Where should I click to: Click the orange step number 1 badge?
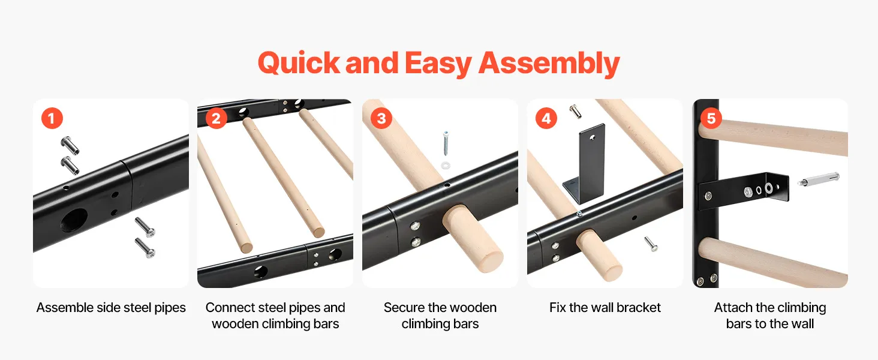click(52, 118)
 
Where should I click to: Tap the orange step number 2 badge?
click(216, 118)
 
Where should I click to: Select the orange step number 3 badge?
click(381, 118)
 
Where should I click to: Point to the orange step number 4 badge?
click(546, 118)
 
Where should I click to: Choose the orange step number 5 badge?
click(711, 118)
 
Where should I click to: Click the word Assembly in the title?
click(549, 64)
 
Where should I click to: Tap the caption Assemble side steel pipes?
click(111, 307)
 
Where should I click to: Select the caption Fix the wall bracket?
click(605, 307)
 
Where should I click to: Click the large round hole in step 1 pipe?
click(73, 220)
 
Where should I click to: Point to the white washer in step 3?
click(446, 165)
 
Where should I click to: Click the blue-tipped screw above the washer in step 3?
click(446, 144)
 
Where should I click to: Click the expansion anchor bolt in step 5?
click(819, 179)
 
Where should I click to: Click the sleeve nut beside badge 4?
click(575, 112)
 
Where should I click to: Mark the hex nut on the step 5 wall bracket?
click(748, 192)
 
